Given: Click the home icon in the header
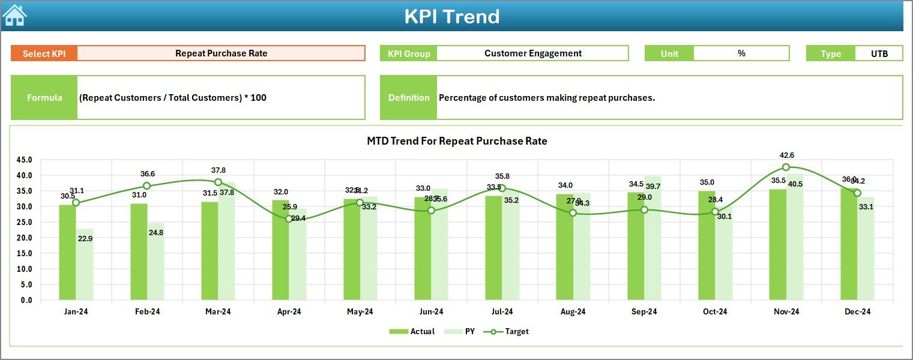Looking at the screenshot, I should click(14, 15).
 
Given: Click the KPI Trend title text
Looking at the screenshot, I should click(451, 16).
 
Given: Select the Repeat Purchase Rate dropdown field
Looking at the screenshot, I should click(221, 53).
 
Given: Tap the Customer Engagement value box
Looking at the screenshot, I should click(532, 53).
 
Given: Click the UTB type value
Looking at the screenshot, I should click(879, 53).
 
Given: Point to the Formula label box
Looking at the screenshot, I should click(44, 97).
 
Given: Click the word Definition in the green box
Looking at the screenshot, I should click(409, 97).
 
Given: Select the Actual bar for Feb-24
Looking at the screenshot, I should click(139, 252).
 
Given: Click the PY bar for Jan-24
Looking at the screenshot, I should click(85, 264).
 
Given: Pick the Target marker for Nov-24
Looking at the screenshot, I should click(786, 167).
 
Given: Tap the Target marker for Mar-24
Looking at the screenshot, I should click(218, 182).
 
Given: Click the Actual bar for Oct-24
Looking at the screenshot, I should click(707, 246).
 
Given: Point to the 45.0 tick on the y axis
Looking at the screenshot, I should click(25, 160).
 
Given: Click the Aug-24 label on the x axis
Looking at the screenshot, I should click(573, 312).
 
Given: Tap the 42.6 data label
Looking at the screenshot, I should click(786, 155).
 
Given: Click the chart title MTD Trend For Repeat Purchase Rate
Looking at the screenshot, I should click(457, 141).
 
